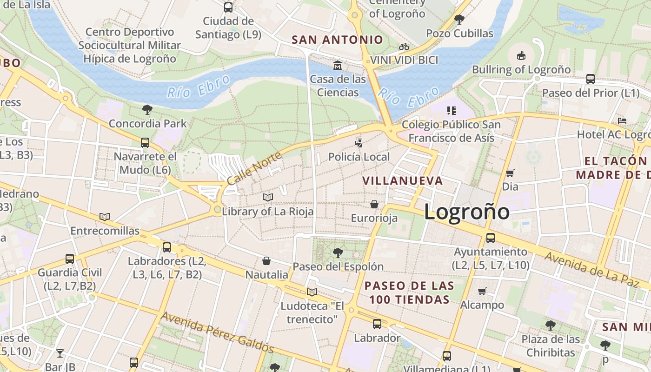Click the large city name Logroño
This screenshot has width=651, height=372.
pos(466,212)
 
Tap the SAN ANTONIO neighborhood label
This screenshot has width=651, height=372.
pos(337,40)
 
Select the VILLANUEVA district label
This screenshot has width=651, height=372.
pos(402,180)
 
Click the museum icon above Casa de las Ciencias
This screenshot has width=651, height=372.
pos(338,64)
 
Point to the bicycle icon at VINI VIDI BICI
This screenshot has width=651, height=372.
pos(404,46)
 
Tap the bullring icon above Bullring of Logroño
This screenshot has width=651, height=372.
pos(521,56)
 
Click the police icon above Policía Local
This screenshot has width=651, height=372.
pos(359,143)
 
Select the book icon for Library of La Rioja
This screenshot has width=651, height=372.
pos(267,198)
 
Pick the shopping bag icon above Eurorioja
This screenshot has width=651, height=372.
pos(374,204)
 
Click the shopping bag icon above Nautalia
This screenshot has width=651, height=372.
pos(266,261)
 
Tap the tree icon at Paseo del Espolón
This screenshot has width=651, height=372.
pos(338,253)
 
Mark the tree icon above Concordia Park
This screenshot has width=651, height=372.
pos(147,110)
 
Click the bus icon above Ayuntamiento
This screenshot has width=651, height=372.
pos(490,238)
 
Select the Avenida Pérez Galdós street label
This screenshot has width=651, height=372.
pos(217,332)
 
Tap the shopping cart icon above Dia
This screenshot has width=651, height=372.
pos(510,173)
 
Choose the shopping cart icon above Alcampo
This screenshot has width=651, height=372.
pos(482,291)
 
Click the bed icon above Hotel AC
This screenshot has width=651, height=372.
pos(622,121)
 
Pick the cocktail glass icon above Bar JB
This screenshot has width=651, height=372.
pos(60,353)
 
